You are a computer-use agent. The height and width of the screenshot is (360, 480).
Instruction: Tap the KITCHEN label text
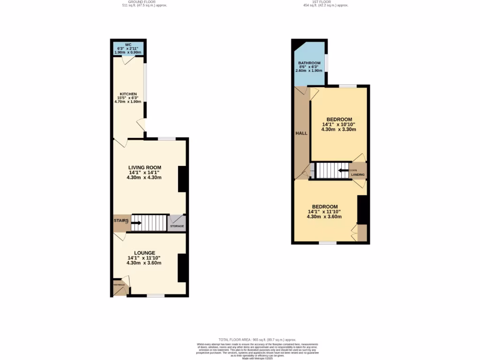[x=128, y=94]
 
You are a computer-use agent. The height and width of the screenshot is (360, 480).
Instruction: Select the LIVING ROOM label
[x=145, y=167]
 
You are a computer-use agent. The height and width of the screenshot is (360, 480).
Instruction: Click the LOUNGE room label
[x=144, y=253]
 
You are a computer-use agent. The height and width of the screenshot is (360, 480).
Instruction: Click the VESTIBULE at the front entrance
[x=119, y=285]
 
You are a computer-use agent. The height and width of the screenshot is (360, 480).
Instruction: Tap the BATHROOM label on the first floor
[x=309, y=63]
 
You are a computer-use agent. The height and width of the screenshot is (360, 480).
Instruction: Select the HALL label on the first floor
[x=301, y=133]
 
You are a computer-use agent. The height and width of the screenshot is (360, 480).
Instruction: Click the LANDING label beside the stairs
[x=358, y=174]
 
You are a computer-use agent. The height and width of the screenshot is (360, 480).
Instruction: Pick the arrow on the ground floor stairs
[x=136, y=222]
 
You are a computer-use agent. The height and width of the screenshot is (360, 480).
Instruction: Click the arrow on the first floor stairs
[x=343, y=170]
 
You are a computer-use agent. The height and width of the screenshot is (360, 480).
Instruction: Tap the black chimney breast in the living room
[x=183, y=179]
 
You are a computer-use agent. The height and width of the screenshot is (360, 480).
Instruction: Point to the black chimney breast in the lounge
[x=183, y=268]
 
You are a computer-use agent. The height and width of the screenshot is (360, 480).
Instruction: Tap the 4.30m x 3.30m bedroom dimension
[x=339, y=129]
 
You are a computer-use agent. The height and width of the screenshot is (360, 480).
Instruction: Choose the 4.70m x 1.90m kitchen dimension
[x=128, y=102]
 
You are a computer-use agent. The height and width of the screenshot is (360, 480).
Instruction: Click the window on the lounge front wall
[x=156, y=296]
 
